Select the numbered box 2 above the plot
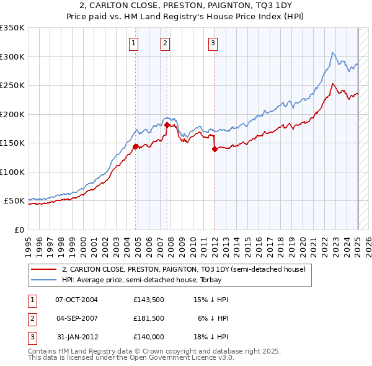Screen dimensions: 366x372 pyautogui.click(x=166, y=43)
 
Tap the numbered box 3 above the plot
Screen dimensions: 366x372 pyautogui.click(x=213, y=43)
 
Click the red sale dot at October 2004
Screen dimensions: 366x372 pyautogui.click(x=135, y=146)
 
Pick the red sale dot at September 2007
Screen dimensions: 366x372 pyautogui.click(x=167, y=125)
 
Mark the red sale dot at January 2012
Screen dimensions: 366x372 pyautogui.click(x=215, y=149)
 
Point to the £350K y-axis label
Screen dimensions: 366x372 pyautogui.click(x=12, y=28)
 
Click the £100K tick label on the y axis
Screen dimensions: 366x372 pyautogui.click(x=12, y=172)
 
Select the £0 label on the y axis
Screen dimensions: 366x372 pyautogui.click(x=19, y=230)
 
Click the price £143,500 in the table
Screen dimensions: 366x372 pyautogui.click(x=148, y=300)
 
